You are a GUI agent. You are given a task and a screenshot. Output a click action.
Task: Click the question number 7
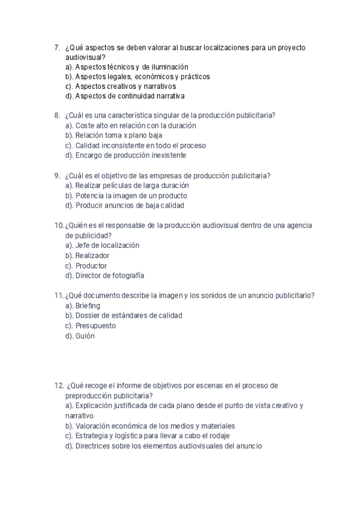tap(56, 47)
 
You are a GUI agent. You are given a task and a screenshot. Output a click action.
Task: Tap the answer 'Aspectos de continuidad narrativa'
tap(130, 96)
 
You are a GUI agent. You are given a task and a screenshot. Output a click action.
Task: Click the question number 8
tap(56, 116)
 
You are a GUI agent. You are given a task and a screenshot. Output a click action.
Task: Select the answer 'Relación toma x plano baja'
tap(114, 136)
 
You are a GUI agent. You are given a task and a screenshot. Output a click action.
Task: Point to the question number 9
tap(56, 176)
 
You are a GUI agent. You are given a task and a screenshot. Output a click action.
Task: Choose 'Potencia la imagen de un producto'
tap(131, 196)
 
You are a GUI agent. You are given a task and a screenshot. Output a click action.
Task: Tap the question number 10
tap(58, 226)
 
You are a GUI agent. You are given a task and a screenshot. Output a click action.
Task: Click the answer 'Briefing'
tap(88, 306)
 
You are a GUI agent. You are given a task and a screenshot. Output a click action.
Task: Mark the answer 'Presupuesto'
tap(95, 326)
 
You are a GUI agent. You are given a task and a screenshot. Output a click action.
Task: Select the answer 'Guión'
tap(85, 336)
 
